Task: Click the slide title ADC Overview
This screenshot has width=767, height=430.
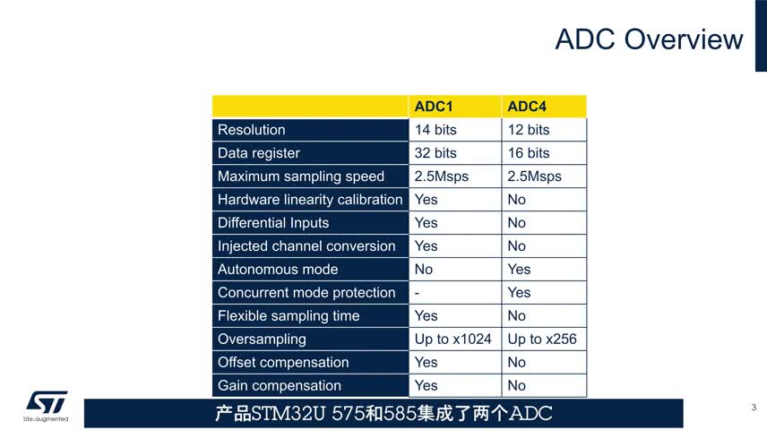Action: pos(649,39)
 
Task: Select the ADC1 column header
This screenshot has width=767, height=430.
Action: pos(434,106)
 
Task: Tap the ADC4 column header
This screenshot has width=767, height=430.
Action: pos(527,106)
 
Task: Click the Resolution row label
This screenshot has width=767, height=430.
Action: pos(252,130)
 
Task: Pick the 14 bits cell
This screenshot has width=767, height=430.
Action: pos(435,130)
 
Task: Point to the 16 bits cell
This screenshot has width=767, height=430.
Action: pos(529,152)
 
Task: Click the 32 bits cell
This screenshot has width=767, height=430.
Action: pos(435,152)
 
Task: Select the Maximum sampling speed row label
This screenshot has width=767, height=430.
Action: pos(301,176)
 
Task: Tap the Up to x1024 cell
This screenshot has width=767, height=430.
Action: pos(453,339)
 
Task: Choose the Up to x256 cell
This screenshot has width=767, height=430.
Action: pos(542,339)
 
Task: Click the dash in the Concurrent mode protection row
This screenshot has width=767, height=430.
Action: pos(417,293)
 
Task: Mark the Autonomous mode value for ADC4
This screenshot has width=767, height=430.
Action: pos(519,269)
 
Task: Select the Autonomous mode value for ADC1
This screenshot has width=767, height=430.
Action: pos(424,269)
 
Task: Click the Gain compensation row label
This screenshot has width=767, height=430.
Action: pos(280,385)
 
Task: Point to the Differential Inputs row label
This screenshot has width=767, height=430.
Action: pos(273,222)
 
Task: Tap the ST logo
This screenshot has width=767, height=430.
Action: pos(47,405)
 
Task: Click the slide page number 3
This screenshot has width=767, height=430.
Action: pos(754,407)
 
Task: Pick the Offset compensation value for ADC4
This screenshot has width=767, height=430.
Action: pos(516,362)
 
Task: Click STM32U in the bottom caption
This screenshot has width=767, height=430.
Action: pos(289,413)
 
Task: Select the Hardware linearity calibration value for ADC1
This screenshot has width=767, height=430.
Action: pos(426,200)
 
